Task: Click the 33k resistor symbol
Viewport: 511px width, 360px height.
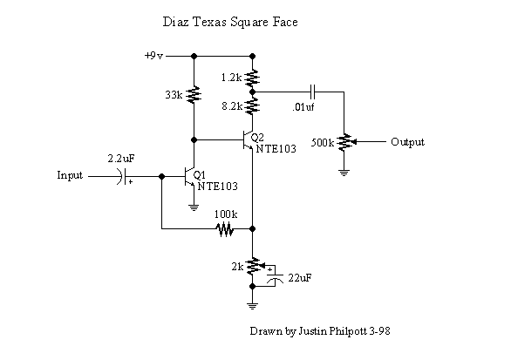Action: click(x=194, y=94)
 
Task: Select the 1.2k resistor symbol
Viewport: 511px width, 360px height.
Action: click(x=252, y=78)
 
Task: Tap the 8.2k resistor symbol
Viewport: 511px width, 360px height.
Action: click(x=252, y=105)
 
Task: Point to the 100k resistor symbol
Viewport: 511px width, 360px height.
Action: click(x=225, y=228)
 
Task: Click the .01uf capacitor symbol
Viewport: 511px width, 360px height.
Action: click(x=313, y=92)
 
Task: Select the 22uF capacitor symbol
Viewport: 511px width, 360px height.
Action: click(x=275, y=277)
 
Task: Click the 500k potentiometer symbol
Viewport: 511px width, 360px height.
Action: click(x=345, y=142)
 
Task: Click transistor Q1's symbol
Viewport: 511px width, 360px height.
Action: click(x=189, y=177)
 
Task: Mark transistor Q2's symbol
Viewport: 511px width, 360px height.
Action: click(x=248, y=140)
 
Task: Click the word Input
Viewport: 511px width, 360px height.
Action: click(x=70, y=175)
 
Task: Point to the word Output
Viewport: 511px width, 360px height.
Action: click(x=408, y=142)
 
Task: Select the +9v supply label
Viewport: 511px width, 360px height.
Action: click(x=153, y=56)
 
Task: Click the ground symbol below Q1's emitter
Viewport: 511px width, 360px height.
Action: click(x=194, y=207)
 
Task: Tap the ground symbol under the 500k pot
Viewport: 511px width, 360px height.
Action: click(x=344, y=173)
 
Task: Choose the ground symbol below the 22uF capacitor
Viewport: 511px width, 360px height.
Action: click(x=252, y=306)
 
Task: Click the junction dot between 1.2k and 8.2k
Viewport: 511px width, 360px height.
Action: click(x=252, y=92)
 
